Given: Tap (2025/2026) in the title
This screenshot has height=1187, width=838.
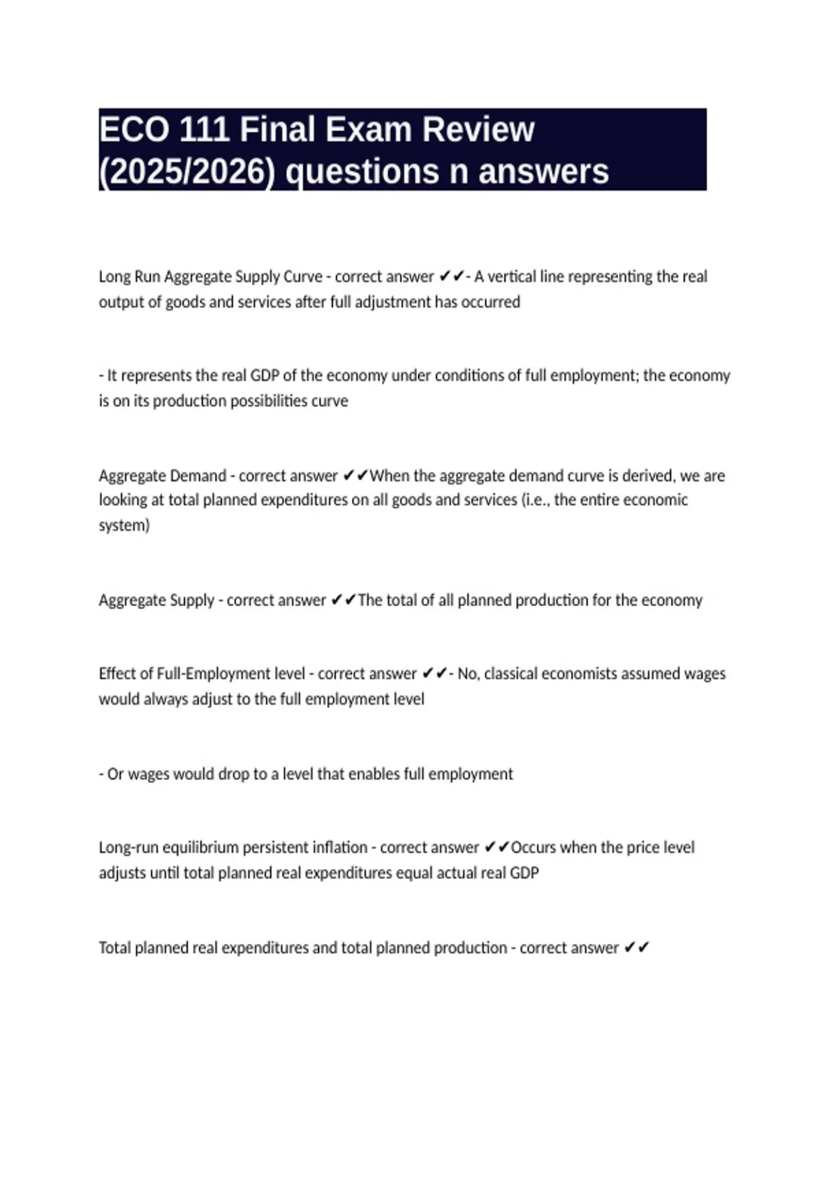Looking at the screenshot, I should tap(187, 172).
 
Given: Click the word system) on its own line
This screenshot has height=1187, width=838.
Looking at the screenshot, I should tap(124, 526).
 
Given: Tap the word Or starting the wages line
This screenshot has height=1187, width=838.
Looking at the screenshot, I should tap(115, 774).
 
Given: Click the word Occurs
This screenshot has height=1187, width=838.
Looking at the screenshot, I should tap(534, 848).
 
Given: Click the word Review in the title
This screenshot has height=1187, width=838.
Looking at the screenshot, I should tap(478, 130).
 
